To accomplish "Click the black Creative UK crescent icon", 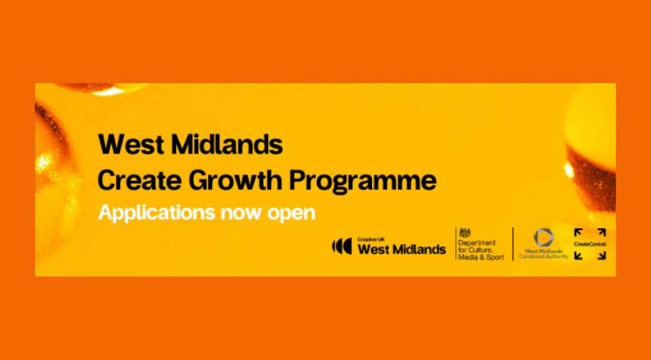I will [341, 246].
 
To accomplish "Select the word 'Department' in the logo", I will [477, 242].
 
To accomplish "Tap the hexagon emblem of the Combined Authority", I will [545, 237].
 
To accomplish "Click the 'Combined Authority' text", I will [545, 256].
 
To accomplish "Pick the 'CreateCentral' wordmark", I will [589, 244].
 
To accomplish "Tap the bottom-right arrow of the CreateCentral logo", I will [601, 255].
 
